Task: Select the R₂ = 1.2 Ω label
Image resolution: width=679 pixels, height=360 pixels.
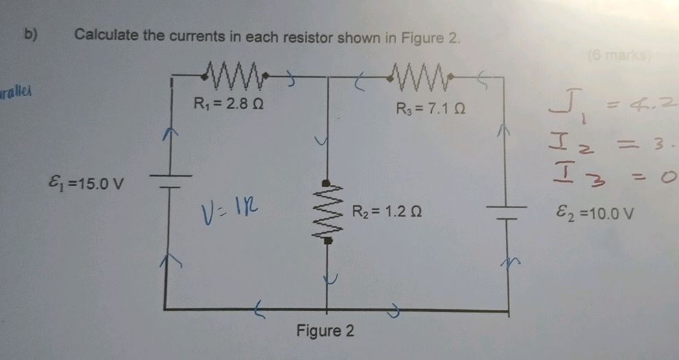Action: (385, 212)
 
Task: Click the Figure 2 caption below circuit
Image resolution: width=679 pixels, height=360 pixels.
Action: (325, 331)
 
